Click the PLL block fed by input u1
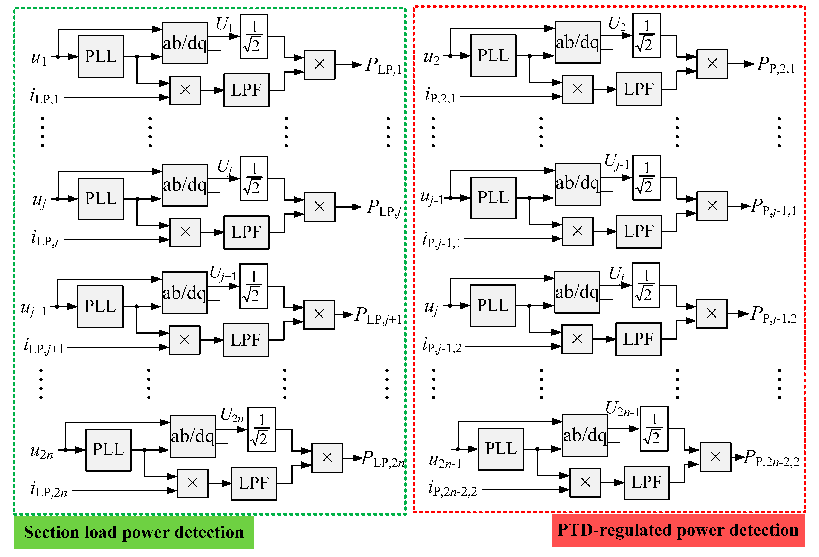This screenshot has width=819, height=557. coord(101,56)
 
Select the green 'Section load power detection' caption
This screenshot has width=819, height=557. coord(134,532)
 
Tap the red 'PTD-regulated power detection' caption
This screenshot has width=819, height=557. coord(678,530)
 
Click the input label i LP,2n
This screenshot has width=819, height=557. coord(49,489)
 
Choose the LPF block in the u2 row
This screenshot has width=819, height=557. coord(639,89)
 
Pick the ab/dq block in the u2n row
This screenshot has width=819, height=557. coord(193,436)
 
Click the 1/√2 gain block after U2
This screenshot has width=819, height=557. coord(647,36)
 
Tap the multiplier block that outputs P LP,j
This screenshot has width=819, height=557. coord(320,207)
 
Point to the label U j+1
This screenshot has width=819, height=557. coord(223,274)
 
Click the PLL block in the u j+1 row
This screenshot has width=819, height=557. coord(100,306)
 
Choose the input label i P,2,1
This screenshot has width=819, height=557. coord(441,95)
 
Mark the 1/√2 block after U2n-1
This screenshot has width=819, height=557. coord(654,429)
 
